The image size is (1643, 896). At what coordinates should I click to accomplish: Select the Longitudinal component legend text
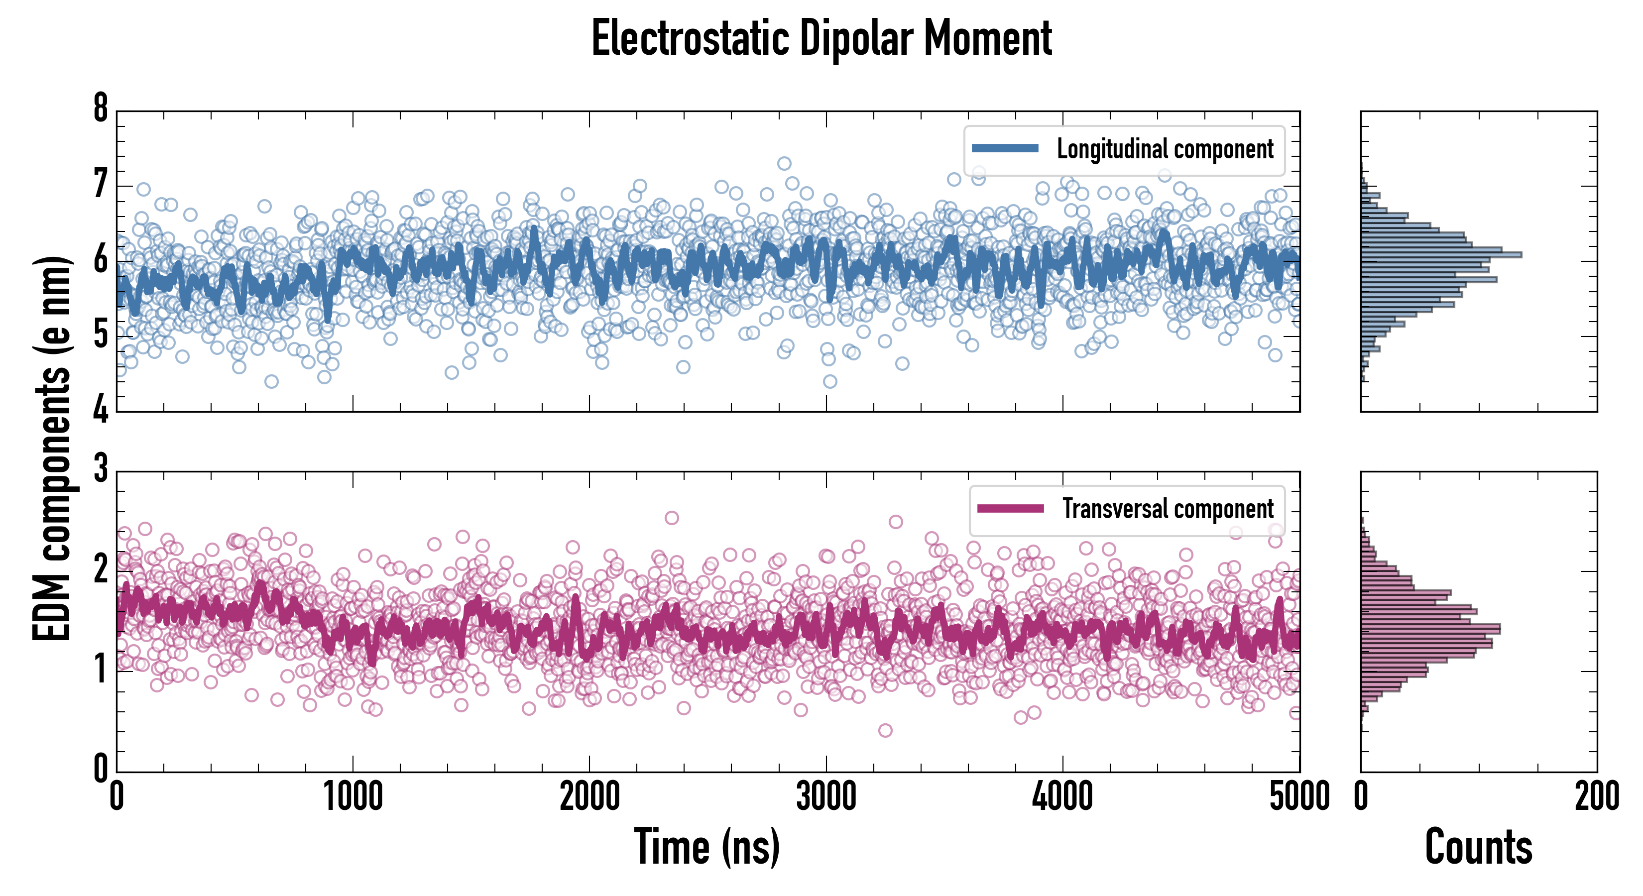(1165, 149)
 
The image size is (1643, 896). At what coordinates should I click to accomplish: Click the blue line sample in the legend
(1005, 149)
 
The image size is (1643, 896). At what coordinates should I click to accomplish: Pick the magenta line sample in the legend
(1010, 508)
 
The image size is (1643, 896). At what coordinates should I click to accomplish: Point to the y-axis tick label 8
(101, 109)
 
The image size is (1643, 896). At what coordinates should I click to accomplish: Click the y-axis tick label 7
(101, 185)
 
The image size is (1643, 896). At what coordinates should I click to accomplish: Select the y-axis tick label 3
(101, 469)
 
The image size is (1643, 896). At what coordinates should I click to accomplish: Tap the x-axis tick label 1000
(352, 797)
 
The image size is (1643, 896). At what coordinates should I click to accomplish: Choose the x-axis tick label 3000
(826, 797)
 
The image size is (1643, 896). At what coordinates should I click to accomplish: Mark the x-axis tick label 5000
(1299, 797)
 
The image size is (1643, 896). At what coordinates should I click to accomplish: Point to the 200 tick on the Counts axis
(1596, 797)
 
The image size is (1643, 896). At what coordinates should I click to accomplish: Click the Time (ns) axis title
(706, 847)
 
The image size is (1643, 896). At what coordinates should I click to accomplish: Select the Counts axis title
(1478, 847)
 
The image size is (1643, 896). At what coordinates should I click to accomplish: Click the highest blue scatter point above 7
(784, 163)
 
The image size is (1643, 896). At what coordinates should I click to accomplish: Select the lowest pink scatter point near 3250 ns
(885, 730)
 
